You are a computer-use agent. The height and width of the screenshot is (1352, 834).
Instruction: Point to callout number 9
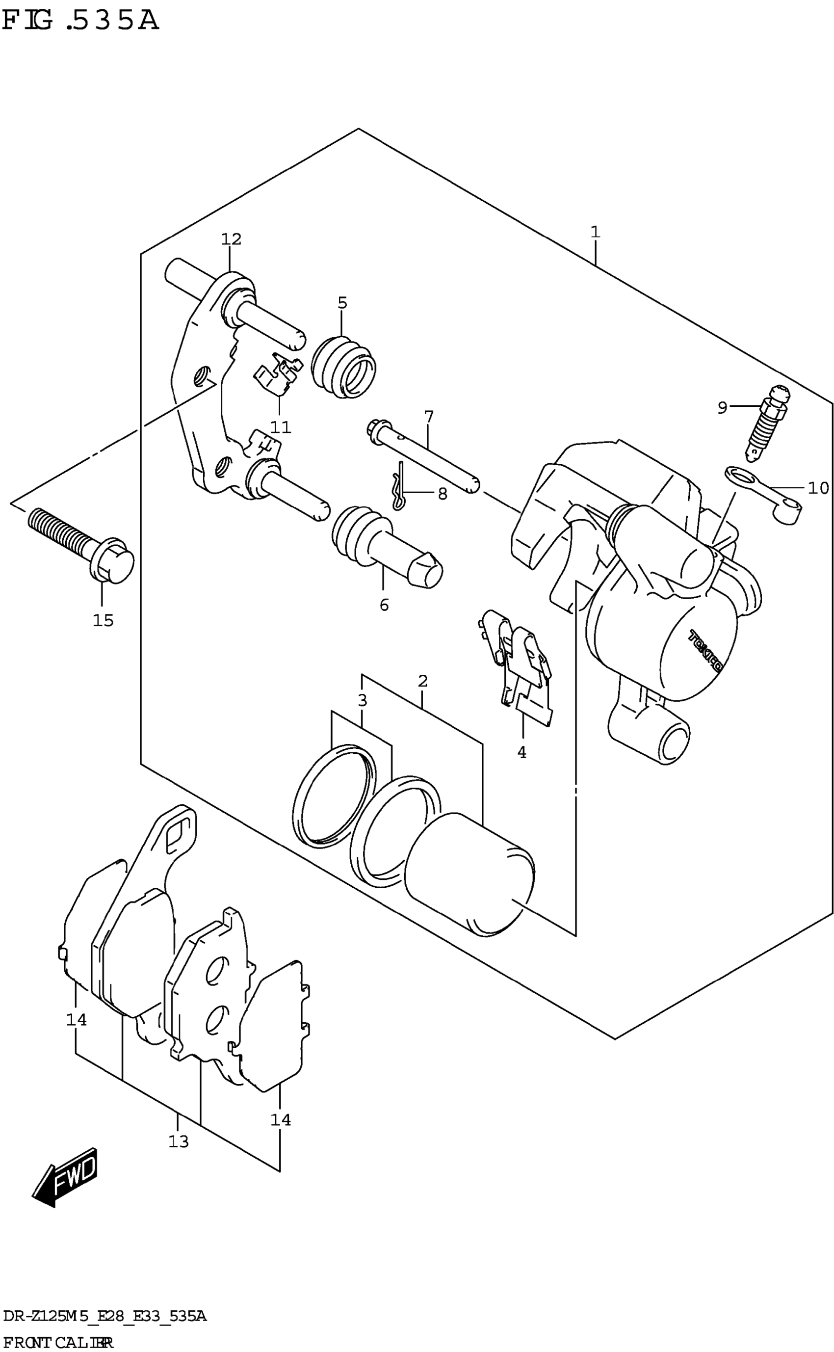coord(722,408)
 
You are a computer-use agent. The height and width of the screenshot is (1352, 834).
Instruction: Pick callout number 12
coord(231,239)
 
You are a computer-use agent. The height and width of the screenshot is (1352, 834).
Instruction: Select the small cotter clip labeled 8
coord(399,485)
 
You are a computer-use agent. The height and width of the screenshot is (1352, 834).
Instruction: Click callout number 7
coord(429,416)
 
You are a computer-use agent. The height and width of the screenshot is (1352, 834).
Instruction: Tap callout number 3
coord(362,701)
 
